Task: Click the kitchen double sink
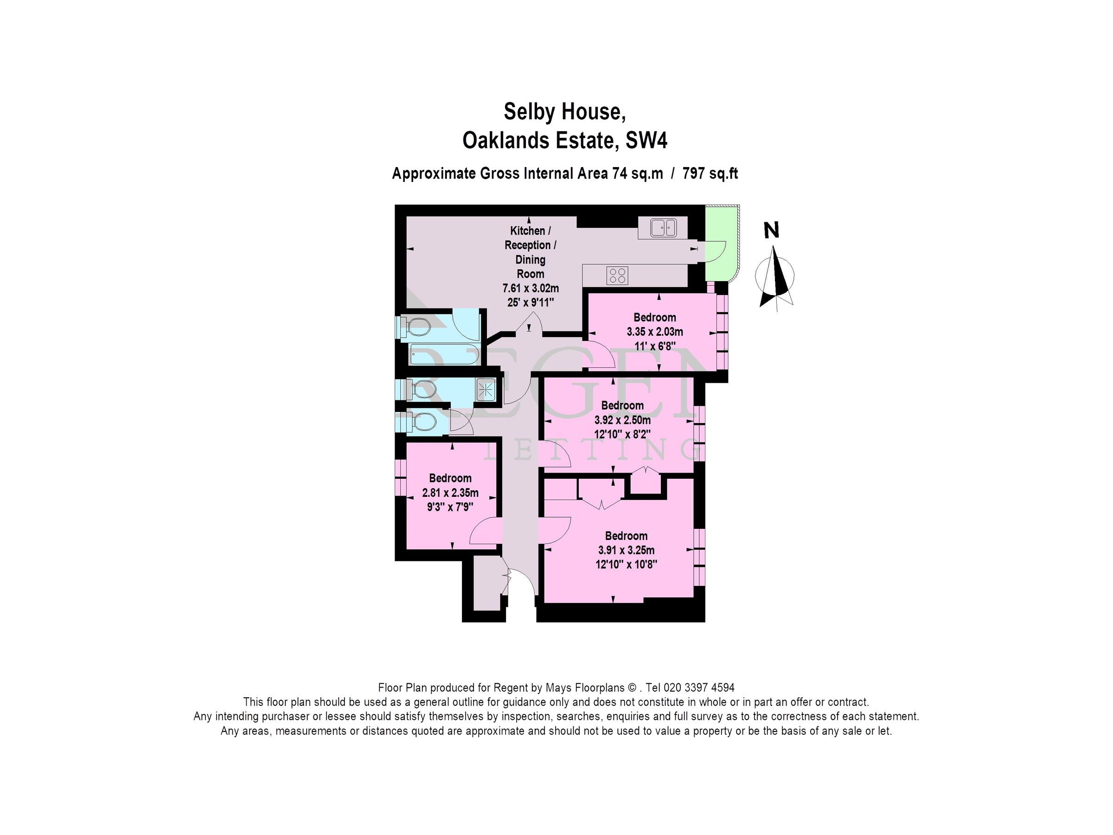pyautogui.click(x=663, y=227)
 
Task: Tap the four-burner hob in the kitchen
pyautogui.click(x=617, y=275)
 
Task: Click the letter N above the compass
pyautogui.click(x=771, y=231)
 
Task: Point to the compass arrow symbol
pyautogui.click(x=776, y=277)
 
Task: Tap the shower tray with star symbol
pyautogui.click(x=486, y=390)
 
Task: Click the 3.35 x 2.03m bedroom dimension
pyautogui.click(x=655, y=332)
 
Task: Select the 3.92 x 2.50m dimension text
pyautogui.click(x=622, y=420)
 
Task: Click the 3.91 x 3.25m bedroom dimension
pyautogui.click(x=626, y=550)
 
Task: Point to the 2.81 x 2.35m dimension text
pyautogui.click(x=450, y=493)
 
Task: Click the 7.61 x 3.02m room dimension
pyautogui.click(x=531, y=289)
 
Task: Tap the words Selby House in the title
pyautogui.click(x=564, y=112)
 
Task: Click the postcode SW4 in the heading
pyautogui.click(x=646, y=141)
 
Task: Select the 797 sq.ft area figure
pyautogui.click(x=710, y=173)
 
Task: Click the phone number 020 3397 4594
pyautogui.click(x=699, y=687)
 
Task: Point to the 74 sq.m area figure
pyautogui.click(x=638, y=173)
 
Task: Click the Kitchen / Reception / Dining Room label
pyautogui.click(x=531, y=252)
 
